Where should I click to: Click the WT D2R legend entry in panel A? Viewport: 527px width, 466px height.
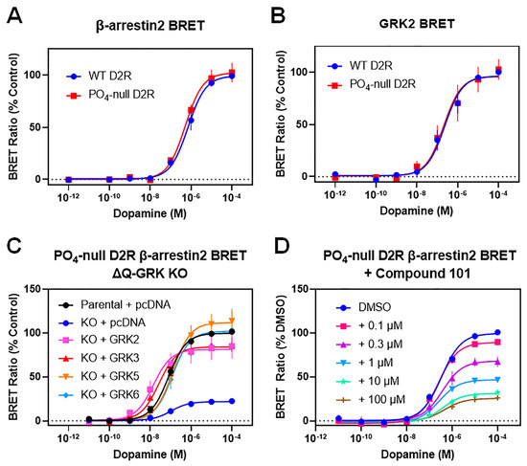pyautogui.click(x=103, y=75)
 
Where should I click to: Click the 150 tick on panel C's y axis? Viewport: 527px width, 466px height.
pyautogui.click(x=31, y=289)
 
